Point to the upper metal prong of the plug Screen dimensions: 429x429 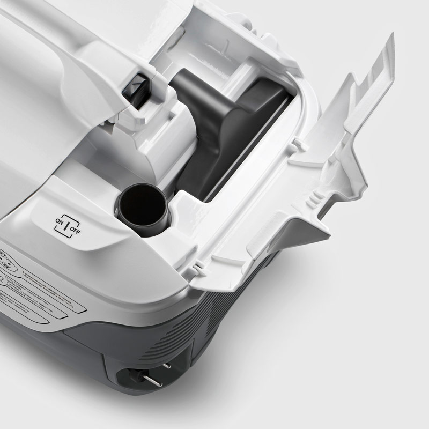(x=167, y=366)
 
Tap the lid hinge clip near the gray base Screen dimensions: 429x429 (x=197, y=266)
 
